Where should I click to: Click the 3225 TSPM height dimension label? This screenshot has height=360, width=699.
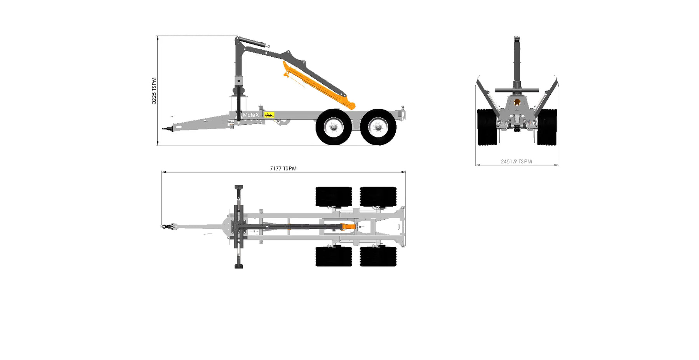coord(154,90)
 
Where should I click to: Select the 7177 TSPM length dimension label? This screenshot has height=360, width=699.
coord(283,169)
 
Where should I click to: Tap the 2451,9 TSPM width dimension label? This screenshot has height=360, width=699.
coord(516,162)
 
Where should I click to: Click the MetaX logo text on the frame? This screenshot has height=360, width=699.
coord(250,115)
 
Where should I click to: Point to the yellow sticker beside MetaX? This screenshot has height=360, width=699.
coord(270,115)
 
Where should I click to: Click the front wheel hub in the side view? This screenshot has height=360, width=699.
coord(334,127)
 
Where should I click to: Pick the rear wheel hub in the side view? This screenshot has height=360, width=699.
coord(378,127)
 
